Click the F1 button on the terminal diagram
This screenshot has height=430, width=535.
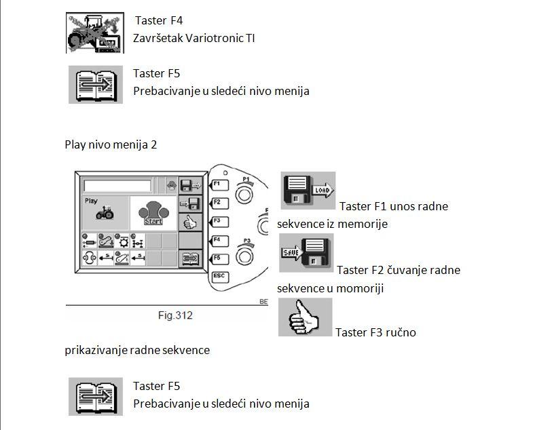click(219, 185)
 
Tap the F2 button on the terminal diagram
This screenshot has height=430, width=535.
click(219, 203)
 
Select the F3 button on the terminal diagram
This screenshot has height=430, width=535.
click(219, 222)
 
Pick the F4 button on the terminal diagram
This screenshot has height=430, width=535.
click(219, 241)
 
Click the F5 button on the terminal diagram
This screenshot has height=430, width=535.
click(219, 259)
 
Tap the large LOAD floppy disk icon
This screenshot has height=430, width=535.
click(308, 191)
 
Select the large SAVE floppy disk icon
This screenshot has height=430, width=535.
click(306, 252)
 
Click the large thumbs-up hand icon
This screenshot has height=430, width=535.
click(305, 317)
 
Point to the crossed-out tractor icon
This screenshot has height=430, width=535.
click(95, 33)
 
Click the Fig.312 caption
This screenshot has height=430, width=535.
click(175, 315)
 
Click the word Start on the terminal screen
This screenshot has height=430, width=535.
click(153, 222)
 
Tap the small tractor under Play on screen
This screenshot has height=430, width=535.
click(105, 212)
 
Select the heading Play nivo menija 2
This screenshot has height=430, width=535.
click(111, 144)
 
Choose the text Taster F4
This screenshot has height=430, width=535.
click(159, 20)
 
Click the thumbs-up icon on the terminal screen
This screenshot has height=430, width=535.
click(190, 222)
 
